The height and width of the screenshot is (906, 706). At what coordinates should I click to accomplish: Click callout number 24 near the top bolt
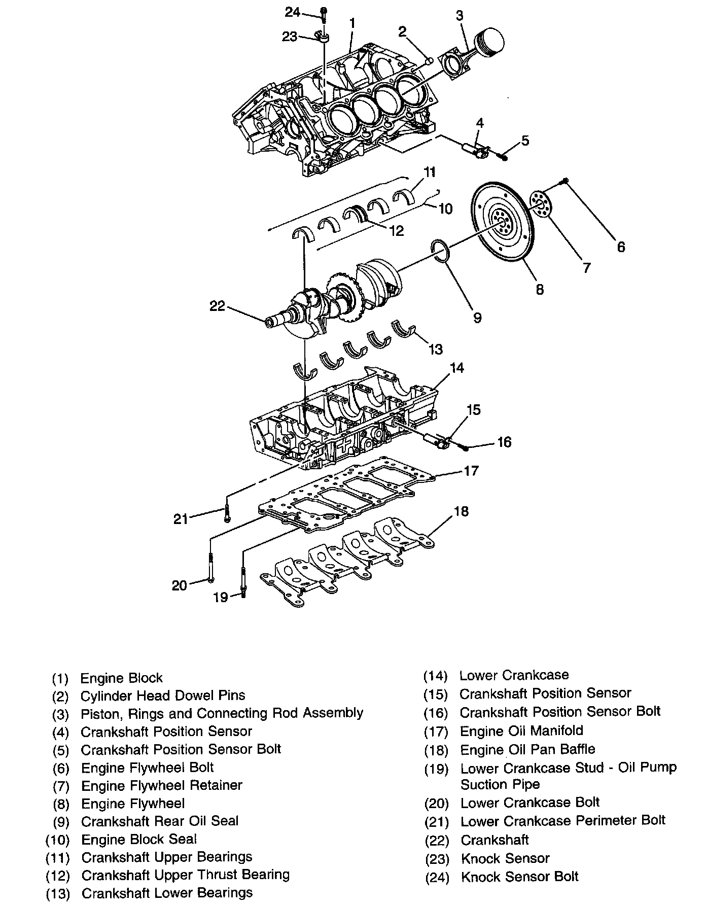click(x=292, y=12)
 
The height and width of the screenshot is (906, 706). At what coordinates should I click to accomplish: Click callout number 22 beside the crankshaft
click(x=217, y=306)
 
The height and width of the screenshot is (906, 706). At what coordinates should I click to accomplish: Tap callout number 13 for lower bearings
click(x=435, y=349)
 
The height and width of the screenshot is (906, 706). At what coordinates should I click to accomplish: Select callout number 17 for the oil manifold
click(x=471, y=471)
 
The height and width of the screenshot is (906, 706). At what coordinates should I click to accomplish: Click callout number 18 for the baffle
click(x=461, y=511)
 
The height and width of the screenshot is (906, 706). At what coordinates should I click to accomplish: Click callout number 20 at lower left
click(x=180, y=585)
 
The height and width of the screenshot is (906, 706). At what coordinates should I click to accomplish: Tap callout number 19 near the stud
click(x=220, y=598)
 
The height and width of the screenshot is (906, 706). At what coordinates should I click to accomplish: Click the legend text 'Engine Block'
click(x=122, y=678)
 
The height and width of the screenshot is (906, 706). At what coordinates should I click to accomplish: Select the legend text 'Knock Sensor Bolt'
click(x=519, y=876)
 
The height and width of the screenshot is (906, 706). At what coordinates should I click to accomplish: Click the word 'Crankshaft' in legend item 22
click(x=495, y=840)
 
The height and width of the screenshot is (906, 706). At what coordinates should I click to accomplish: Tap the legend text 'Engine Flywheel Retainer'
click(x=162, y=785)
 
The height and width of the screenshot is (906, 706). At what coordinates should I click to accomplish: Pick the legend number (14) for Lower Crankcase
click(x=436, y=676)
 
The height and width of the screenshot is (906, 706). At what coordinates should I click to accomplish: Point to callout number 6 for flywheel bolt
click(x=621, y=247)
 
